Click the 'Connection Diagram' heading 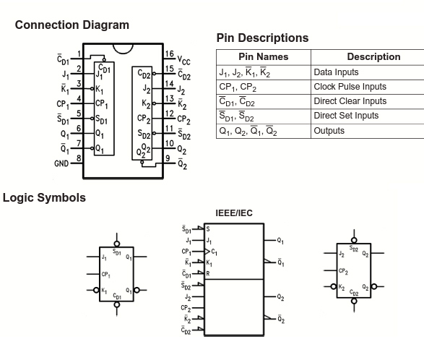pyautogui.click(x=72, y=25)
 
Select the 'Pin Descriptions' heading pyautogui.click(x=262, y=38)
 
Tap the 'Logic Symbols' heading pyautogui.click(x=44, y=197)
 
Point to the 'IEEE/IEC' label pyautogui.click(x=234, y=213)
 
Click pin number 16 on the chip pyautogui.click(x=170, y=54)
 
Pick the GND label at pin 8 pyautogui.click(x=61, y=163)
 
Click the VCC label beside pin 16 pyautogui.click(x=184, y=60)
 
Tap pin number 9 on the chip pyautogui.click(x=168, y=158)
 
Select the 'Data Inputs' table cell pyautogui.click(x=336, y=72)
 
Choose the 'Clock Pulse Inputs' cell pyautogui.click(x=350, y=87)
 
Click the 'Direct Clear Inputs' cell pyautogui.click(x=350, y=101)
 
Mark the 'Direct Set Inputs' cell pyautogui.click(x=346, y=116)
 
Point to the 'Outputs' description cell pyautogui.click(x=329, y=131)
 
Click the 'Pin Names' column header pyautogui.click(x=264, y=57)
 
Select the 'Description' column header pyautogui.click(x=373, y=57)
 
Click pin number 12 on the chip pyautogui.click(x=170, y=113)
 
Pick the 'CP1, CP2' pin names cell pyautogui.click(x=238, y=87)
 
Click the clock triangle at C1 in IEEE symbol pyautogui.click(x=207, y=252)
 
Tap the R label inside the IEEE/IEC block pyautogui.click(x=208, y=273)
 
